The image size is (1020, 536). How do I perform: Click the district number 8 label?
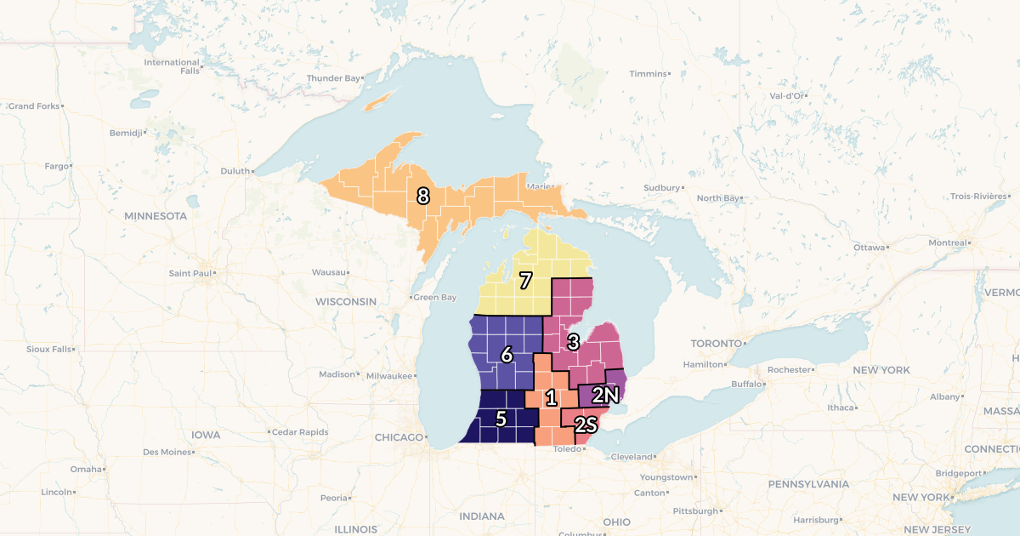pyautogui.click(x=422, y=196)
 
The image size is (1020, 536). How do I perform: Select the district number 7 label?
pyautogui.click(x=526, y=279)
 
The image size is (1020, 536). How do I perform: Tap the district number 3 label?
pyautogui.click(x=574, y=342)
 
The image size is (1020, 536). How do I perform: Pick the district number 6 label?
pyautogui.click(x=507, y=355)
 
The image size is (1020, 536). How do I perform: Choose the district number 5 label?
pyautogui.click(x=501, y=419)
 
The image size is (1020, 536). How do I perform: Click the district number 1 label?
pyautogui.click(x=551, y=397)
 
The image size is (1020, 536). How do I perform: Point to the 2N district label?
pyautogui.click(x=604, y=395)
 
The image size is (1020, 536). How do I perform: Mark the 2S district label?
pyautogui.click(x=586, y=424)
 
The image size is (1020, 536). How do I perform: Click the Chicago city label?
pyautogui.click(x=398, y=437)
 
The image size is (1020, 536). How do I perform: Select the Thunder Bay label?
pyautogui.click(x=333, y=78)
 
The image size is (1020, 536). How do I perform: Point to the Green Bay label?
pyautogui.click(x=435, y=298)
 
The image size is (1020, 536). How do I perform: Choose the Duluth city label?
pyautogui.click(x=235, y=171)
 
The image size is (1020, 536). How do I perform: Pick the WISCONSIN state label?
pyautogui.click(x=345, y=302)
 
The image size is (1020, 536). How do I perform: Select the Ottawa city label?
pyautogui.click(x=869, y=248)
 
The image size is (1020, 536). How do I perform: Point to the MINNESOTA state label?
pyautogui.click(x=155, y=216)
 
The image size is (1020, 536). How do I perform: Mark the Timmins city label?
pyautogui.click(x=648, y=74)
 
